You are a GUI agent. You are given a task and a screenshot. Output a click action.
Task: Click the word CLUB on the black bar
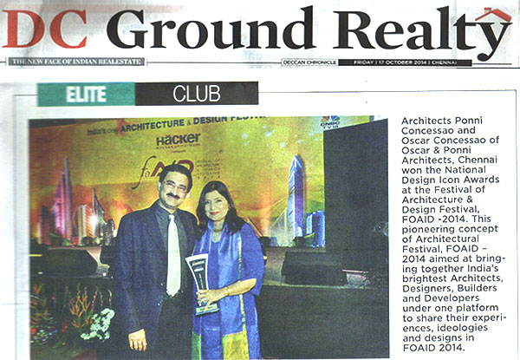click(197, 93)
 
